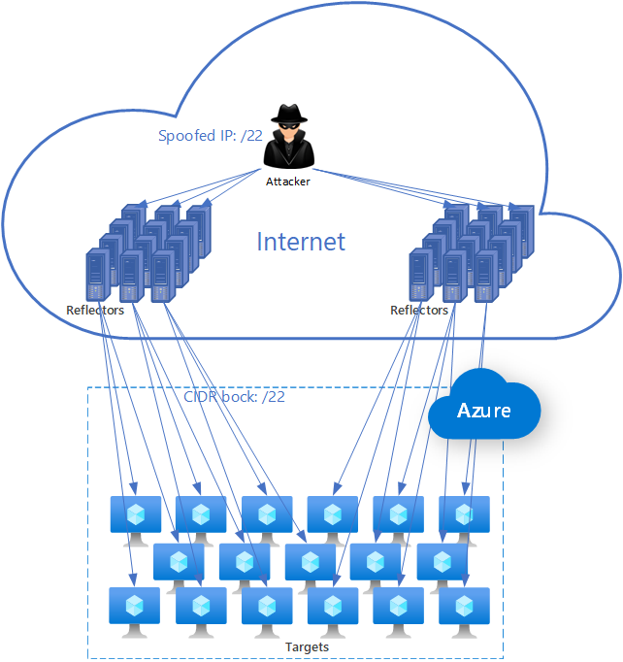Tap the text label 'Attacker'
click(x=288, y=182)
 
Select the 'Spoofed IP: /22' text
click(x=211, y=136)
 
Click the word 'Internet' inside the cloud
click(x=301, y=242)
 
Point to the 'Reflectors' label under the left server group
click(x=95, y=311)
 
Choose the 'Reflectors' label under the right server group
click(x=419, y=311)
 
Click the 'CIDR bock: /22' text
click(x=235, y=397)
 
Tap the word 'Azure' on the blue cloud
click(x=484, y=411)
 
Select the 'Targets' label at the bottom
click(x=307, y=646)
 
